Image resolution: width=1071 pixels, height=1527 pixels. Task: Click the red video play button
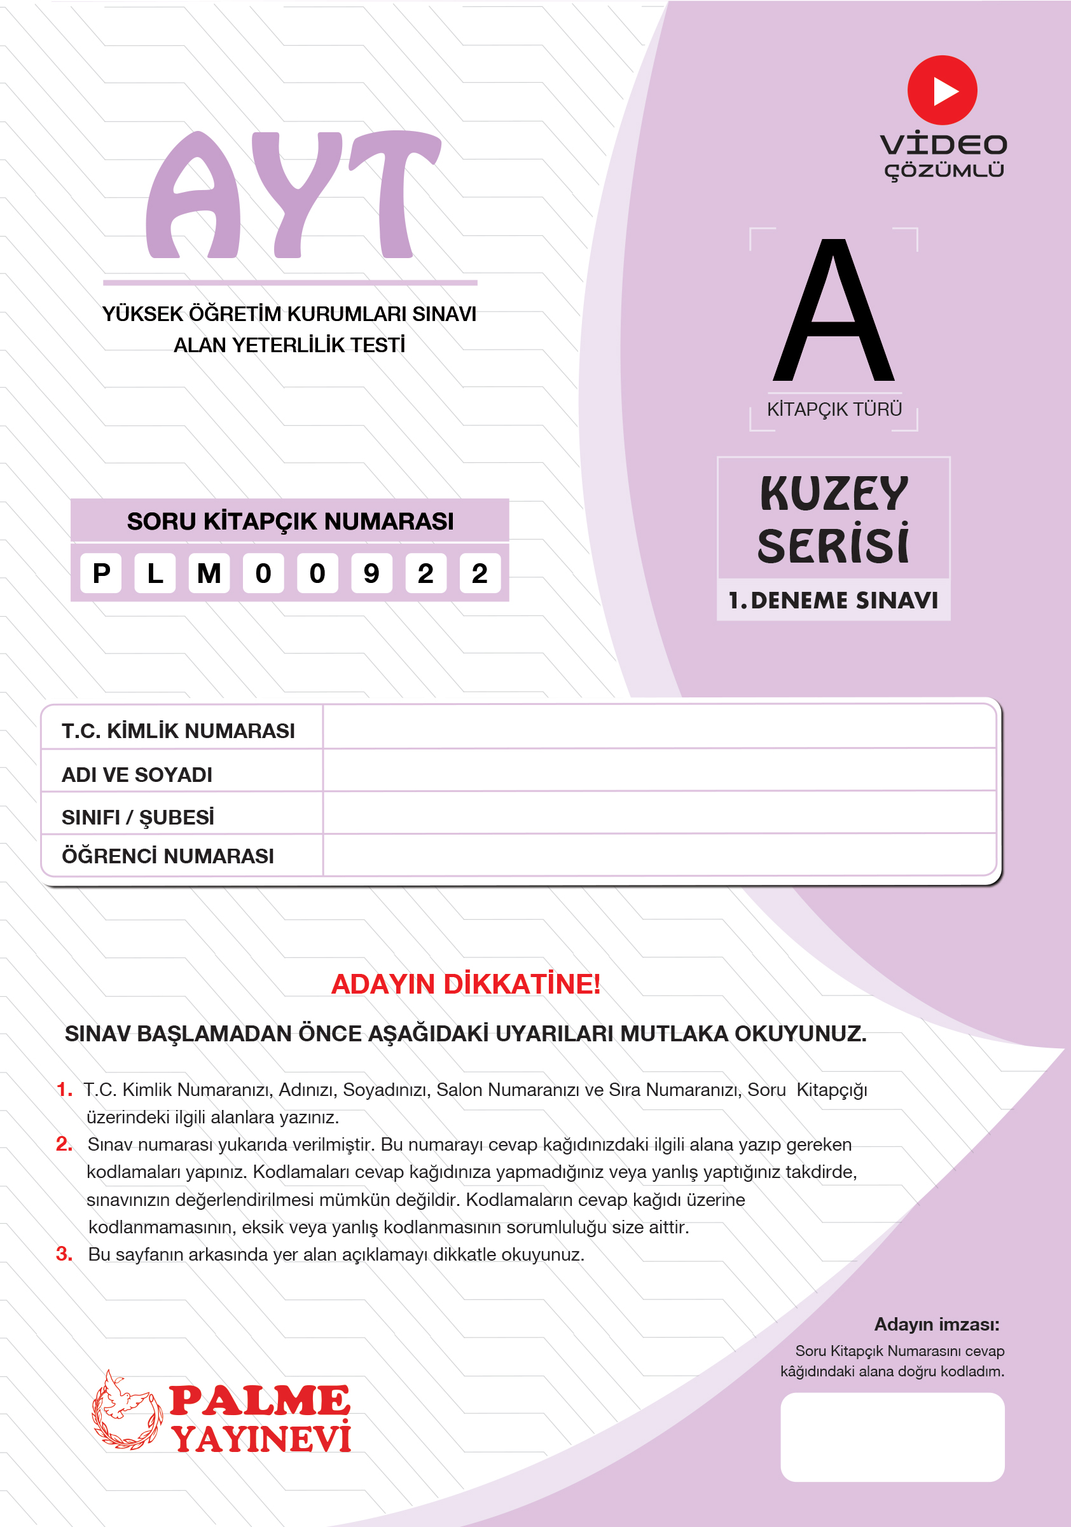point(941,90)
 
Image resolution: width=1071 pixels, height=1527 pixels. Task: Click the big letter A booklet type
point(834,312)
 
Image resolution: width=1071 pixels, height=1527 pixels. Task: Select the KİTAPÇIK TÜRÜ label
point(834,409)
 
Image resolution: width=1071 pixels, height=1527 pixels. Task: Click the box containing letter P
point(101,573)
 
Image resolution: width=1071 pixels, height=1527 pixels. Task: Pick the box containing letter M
point(209,573)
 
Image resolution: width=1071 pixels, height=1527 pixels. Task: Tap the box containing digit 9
point(371,573)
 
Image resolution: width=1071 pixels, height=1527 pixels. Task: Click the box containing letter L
point(155,573)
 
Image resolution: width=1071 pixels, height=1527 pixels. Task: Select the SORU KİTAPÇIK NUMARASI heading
point(290,521)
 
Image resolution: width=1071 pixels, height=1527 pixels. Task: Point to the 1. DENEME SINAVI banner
point(833,601)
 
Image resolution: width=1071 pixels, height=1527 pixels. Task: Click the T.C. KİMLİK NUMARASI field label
point(177,731)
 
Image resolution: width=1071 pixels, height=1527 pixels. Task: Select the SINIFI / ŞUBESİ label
point(138,818)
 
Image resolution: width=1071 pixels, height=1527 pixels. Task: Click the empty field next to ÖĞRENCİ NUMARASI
point(659,855)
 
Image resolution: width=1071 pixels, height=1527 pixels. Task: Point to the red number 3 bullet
point(64,1254)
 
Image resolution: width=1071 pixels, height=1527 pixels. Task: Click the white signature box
point(892,1437)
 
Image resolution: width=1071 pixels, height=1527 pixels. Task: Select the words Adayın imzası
point(936,1324)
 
